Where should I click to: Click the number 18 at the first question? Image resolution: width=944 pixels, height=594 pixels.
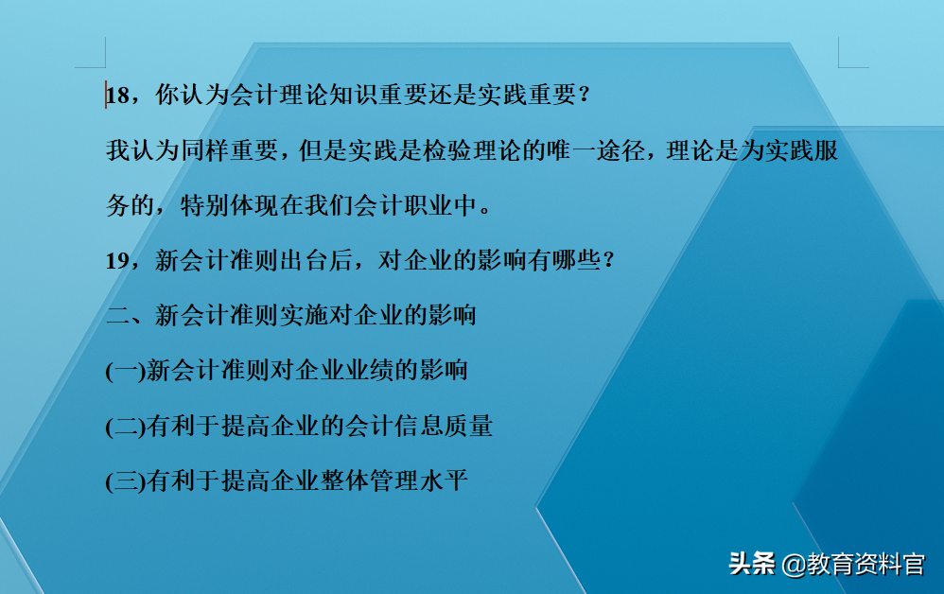118,96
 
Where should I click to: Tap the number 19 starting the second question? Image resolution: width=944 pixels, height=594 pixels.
118,261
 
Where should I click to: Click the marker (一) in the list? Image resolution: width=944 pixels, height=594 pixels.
125,371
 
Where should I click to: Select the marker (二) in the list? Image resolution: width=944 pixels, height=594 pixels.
125,427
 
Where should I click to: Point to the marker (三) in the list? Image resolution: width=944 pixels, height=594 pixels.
125,481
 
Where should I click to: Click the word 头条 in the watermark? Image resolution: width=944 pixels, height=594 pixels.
752,564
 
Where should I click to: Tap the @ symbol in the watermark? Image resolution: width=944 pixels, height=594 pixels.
792,565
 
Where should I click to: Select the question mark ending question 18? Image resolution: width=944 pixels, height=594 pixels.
583,96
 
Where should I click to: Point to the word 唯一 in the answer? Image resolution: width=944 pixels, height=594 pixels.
584,151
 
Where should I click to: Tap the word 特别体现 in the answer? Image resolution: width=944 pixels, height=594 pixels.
229,206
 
